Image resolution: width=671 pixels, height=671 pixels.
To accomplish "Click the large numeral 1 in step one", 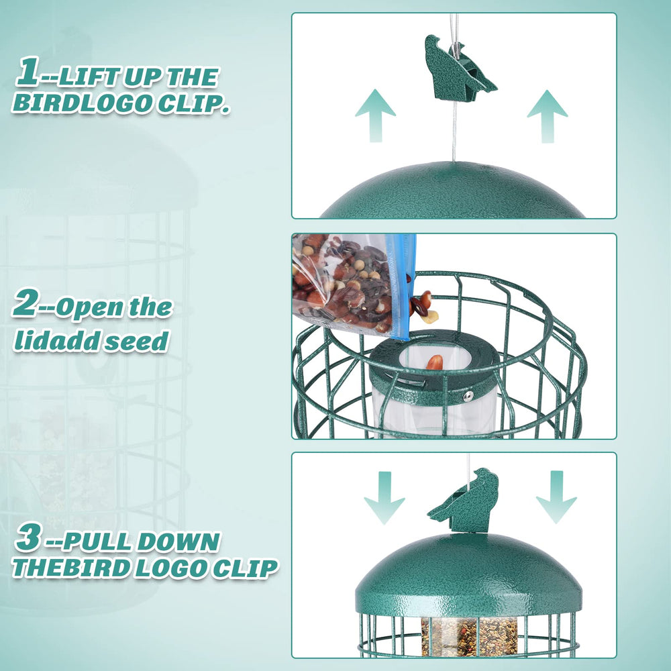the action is coord(28,71).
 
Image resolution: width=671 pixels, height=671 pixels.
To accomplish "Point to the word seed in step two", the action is coord(138,341).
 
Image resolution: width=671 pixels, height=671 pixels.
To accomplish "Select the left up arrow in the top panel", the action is coord(375,115).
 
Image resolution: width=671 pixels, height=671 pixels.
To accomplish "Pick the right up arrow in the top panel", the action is coord(548,116).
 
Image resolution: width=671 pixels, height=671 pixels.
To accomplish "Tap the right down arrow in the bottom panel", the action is coord(556,497).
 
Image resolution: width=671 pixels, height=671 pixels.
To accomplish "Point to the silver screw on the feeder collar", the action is coord(469,396).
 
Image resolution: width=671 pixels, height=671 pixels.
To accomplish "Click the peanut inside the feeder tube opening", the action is coord(434,362).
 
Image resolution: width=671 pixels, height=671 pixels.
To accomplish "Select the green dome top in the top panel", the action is coord(453,191).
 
